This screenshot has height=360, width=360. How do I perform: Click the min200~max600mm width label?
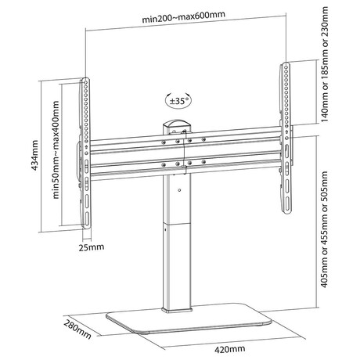coord(183,16)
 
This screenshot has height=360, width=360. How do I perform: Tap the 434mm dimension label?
coord(34,156)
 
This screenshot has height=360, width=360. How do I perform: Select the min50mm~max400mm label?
coord(56,150)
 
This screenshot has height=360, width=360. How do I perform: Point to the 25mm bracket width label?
coord(92,247)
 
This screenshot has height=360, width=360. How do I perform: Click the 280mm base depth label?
coord(77,329)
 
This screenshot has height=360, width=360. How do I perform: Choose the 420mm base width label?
coord(230,349)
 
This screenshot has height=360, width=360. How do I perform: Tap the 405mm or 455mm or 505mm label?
coord(324,229)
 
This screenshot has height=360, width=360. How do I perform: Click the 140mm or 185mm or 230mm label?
coord(325,64)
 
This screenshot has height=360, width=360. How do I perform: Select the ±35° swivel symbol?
coord(178,101)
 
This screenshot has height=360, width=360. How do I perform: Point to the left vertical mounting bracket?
coord(85,153)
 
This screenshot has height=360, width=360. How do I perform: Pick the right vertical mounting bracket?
coord(286,138)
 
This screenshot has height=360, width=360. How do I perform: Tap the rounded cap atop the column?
coord(177,124)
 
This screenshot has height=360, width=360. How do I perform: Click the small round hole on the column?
coord(179,190)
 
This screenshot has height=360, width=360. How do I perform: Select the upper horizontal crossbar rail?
coord(185,140)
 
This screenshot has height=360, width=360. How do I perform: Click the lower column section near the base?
coord(178,267)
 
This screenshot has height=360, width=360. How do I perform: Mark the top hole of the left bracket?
coord(85,82)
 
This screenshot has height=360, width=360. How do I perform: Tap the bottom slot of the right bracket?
coord(286,204)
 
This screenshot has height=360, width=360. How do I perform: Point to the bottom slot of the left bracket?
coord(87,218)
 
